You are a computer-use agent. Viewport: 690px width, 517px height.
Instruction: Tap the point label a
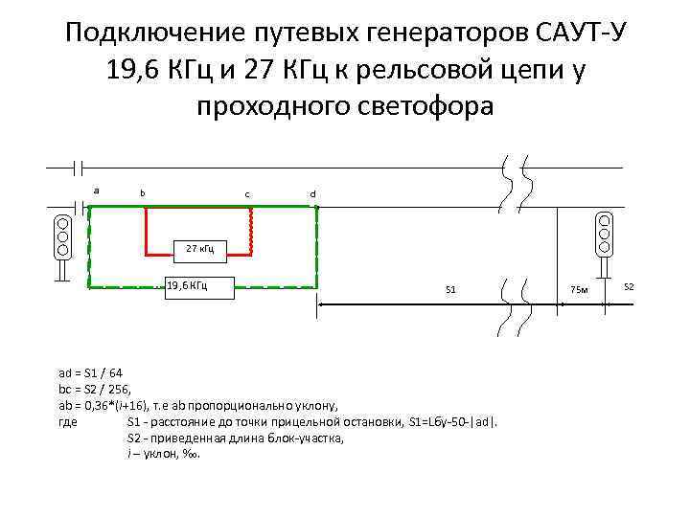point(96,190)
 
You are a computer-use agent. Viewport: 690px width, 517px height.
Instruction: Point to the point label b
point(143,193)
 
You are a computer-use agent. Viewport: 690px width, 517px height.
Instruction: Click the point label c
point(247,194)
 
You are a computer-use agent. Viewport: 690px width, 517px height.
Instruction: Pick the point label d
point(311,194)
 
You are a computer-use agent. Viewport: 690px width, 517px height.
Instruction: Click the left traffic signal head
point(62,236)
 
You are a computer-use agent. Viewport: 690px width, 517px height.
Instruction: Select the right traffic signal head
point(604,232)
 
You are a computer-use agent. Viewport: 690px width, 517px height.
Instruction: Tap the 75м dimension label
point(579,289)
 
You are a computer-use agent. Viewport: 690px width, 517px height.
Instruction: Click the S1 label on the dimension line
point(451,288)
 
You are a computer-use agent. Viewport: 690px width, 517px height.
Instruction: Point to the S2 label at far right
point(630,287)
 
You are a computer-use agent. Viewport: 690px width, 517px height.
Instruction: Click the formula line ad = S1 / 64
point(90,372)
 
